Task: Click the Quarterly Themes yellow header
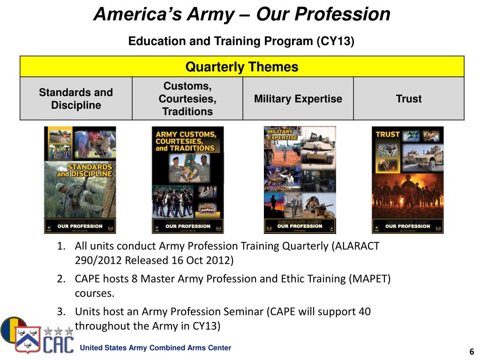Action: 242,67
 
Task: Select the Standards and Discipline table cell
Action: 76,99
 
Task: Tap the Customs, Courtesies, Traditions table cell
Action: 187,99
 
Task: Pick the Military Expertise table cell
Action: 298,99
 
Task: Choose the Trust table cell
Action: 409,99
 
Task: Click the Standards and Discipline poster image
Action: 80,180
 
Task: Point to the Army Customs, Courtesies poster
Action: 187,180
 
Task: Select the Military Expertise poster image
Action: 300,180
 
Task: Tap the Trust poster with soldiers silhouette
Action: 407,180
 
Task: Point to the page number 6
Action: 472,352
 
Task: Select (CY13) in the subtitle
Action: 336,41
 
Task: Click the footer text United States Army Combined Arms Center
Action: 156,348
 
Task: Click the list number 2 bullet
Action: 61,279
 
